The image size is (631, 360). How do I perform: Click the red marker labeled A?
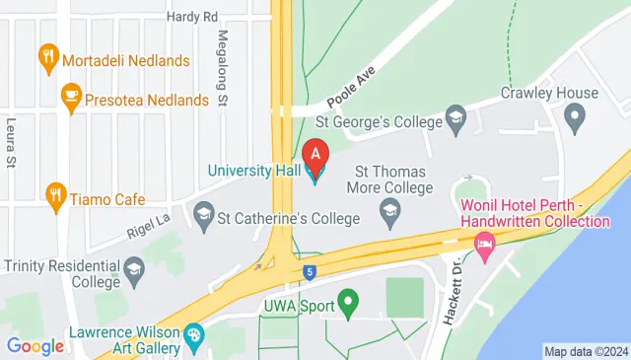click(x=315, y=155)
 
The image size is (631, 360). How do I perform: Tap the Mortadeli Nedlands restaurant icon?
click(x=46, y=59)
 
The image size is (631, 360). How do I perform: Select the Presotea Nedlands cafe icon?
click(x=70, y=97)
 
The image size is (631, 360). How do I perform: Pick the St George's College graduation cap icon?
click(x=456, y=120)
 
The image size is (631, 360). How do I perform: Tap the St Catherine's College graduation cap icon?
click(x=204, y=213)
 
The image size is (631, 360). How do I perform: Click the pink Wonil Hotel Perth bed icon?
click(x=484, y=245)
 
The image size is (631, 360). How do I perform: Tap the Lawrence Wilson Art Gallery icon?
click(x=194, y=335)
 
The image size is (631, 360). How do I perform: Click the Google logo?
click(x=35, y=345)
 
